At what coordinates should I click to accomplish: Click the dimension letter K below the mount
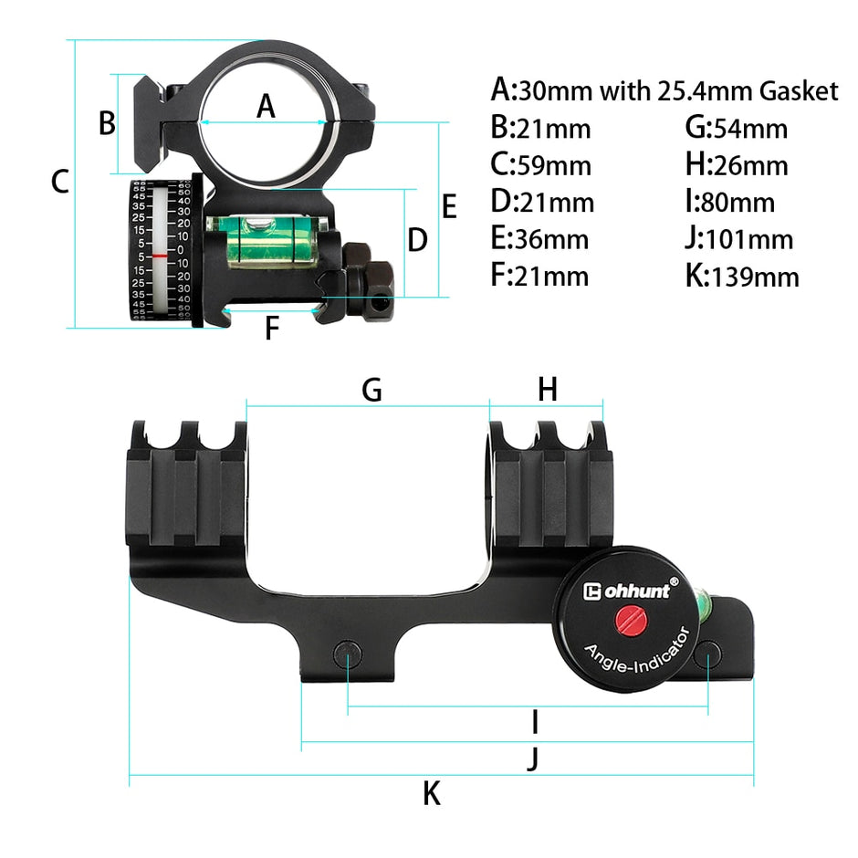point(432,794)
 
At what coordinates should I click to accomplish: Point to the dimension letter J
point(534,758)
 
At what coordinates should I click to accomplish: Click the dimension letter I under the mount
point(535,723)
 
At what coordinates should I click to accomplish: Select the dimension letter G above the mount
point(371,390)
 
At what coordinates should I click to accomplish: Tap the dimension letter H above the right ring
point(547,390)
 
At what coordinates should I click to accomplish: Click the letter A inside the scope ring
point(265,107)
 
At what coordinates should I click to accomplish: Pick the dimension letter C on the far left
point(60,182)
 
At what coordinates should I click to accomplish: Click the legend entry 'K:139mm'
point(742,276)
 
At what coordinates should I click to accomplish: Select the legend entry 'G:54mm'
point(736,129)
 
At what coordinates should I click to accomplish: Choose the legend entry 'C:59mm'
point(540,165)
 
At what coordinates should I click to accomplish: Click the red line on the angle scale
point(161,256)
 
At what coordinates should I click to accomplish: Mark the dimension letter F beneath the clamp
point(270,329)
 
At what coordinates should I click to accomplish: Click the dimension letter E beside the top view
point(448,207)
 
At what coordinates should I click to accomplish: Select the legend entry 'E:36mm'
point(539,239)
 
